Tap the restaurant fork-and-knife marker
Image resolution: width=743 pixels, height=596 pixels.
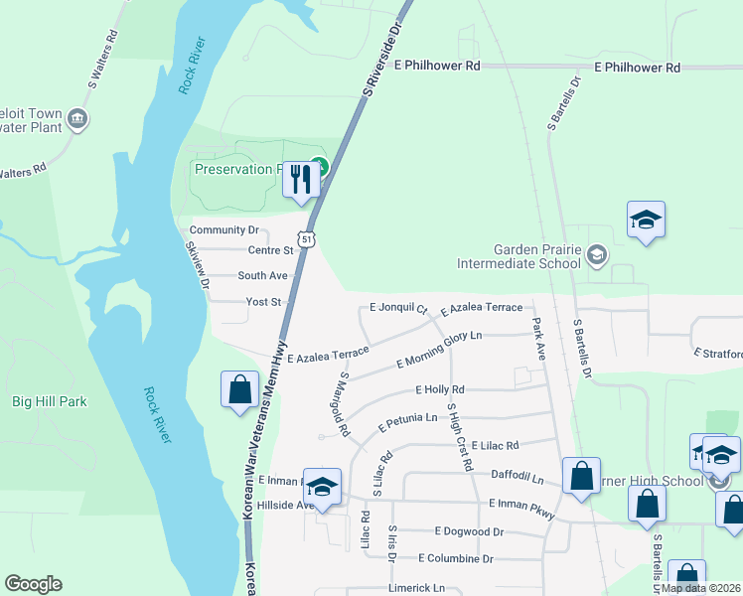(x=302, y=180)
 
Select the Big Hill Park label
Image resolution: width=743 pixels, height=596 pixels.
(x=50, y=401)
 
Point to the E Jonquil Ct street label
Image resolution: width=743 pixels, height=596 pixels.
(x=397, y=308)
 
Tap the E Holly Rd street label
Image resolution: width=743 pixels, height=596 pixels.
(x=440, y=389)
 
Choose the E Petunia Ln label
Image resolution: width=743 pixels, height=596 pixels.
(x=407, y=423)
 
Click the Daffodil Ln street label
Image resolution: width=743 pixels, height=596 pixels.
(x=519, y=478)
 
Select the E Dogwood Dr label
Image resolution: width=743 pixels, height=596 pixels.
(x=469, y=531)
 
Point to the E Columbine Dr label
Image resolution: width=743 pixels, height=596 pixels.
(x=456, y=558)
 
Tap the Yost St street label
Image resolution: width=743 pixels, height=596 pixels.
(x=263, y=301)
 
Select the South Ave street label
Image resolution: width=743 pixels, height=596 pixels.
(x=262, y=275)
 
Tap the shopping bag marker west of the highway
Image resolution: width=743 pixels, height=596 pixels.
(x=240, y=388)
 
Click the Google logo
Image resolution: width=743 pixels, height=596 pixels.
(x=33, y=584)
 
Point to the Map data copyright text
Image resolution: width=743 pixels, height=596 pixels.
(x=701, y=588)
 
